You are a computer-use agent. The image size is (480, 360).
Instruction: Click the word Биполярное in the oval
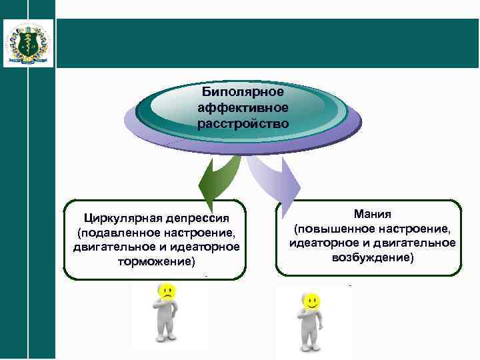(x=243, y=92)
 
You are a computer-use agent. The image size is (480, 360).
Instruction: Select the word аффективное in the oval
(x=243, y=107)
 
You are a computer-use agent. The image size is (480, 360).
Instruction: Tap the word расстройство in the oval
(x=243, y=123)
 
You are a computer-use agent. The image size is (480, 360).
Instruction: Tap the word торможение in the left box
(x=156, y=261)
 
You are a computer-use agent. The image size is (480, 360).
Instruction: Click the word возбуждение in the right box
(x=373, y=257)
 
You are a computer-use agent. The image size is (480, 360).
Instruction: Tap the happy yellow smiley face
(x=310, y=302)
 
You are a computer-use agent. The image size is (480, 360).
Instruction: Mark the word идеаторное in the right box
(x=321, y=243)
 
